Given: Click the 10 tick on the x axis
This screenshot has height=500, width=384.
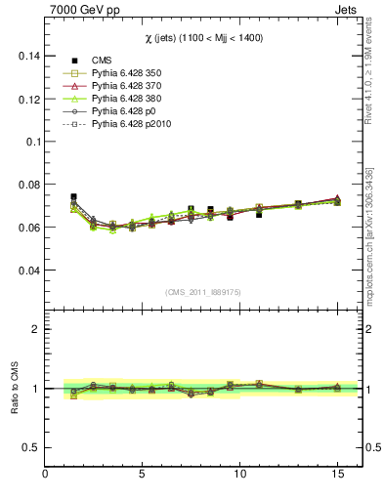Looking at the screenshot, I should tap(240, 476).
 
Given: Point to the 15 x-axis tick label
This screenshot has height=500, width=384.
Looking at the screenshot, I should tap(338, 476).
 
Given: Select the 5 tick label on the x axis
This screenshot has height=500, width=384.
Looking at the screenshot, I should tap(144, 476).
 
